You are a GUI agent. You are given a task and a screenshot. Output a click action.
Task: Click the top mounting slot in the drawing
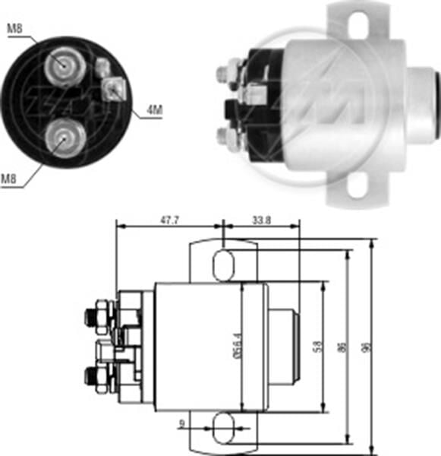click(224, 266)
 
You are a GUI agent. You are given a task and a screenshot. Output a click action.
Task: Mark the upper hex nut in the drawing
click(99, 312)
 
